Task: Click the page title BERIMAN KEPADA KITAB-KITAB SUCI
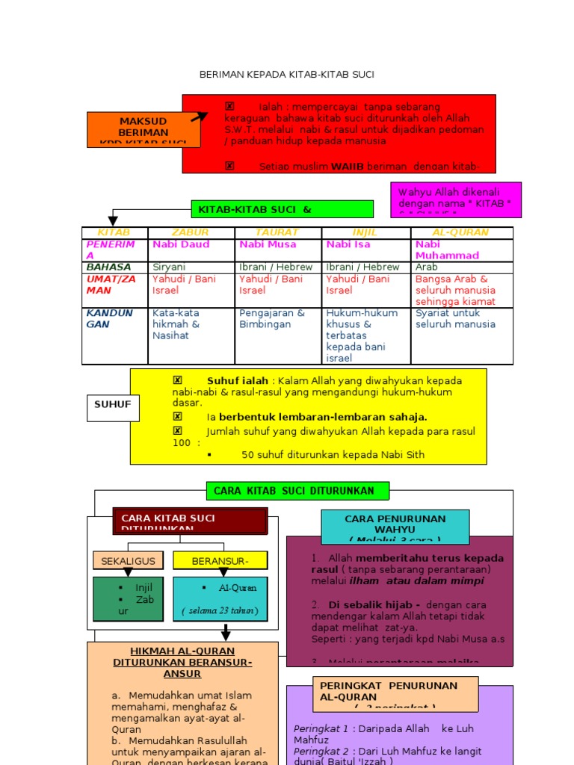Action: click(287, 75)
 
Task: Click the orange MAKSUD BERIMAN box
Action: click(143, 129)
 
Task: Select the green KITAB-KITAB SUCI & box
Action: click(283, 209)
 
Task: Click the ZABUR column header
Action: click(191, 233)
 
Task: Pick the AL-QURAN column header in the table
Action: click(462, 233)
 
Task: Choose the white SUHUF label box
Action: click(112, 405)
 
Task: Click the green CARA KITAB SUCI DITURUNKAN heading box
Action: click(299, 491)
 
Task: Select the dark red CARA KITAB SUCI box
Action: click(190, 521)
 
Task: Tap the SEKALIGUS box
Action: click(128, 560)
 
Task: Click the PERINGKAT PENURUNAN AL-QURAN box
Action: click(395, 694)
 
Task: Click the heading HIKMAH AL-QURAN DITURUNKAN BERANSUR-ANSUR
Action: click(182, 663)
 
